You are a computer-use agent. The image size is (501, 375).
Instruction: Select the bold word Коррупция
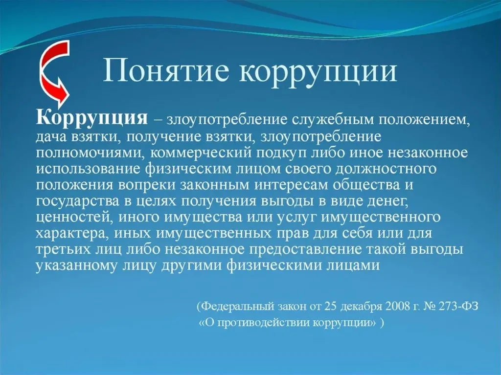coord(92,118)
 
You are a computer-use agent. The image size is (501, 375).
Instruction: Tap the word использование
coord(88,169)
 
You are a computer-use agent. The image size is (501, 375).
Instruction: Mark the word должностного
coord(386,169)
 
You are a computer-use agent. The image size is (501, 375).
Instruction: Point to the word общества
coord(364,185)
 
